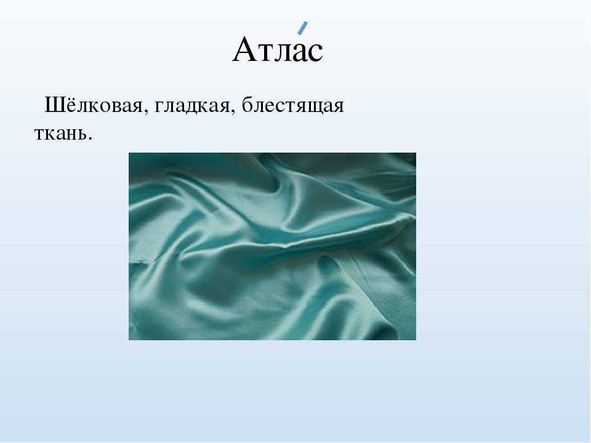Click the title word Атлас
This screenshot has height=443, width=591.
click(278, 49)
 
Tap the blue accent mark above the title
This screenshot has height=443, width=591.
click(302, 28)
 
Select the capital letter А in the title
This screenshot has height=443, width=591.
click(246, 49)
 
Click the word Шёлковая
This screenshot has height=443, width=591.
click(94, 105)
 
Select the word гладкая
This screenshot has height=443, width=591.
click(192, 106)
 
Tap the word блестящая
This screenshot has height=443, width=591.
click(293, 105)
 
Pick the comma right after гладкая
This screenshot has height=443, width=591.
click(232, 112)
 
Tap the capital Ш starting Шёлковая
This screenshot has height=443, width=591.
click(54, 105)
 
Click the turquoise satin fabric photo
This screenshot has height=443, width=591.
click(273, 246)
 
